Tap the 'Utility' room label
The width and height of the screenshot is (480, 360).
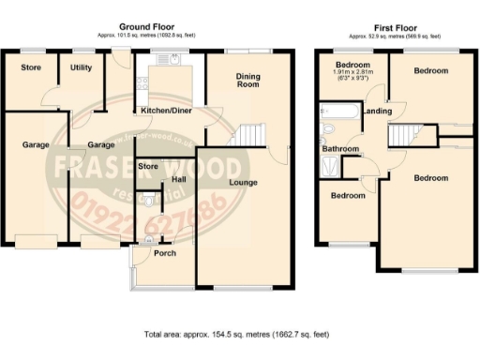click(82, 67)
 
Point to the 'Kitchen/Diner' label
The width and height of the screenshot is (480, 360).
click(166, 111)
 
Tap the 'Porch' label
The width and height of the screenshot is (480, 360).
click(164, 253)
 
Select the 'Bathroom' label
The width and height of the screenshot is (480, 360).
click(340, 149)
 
